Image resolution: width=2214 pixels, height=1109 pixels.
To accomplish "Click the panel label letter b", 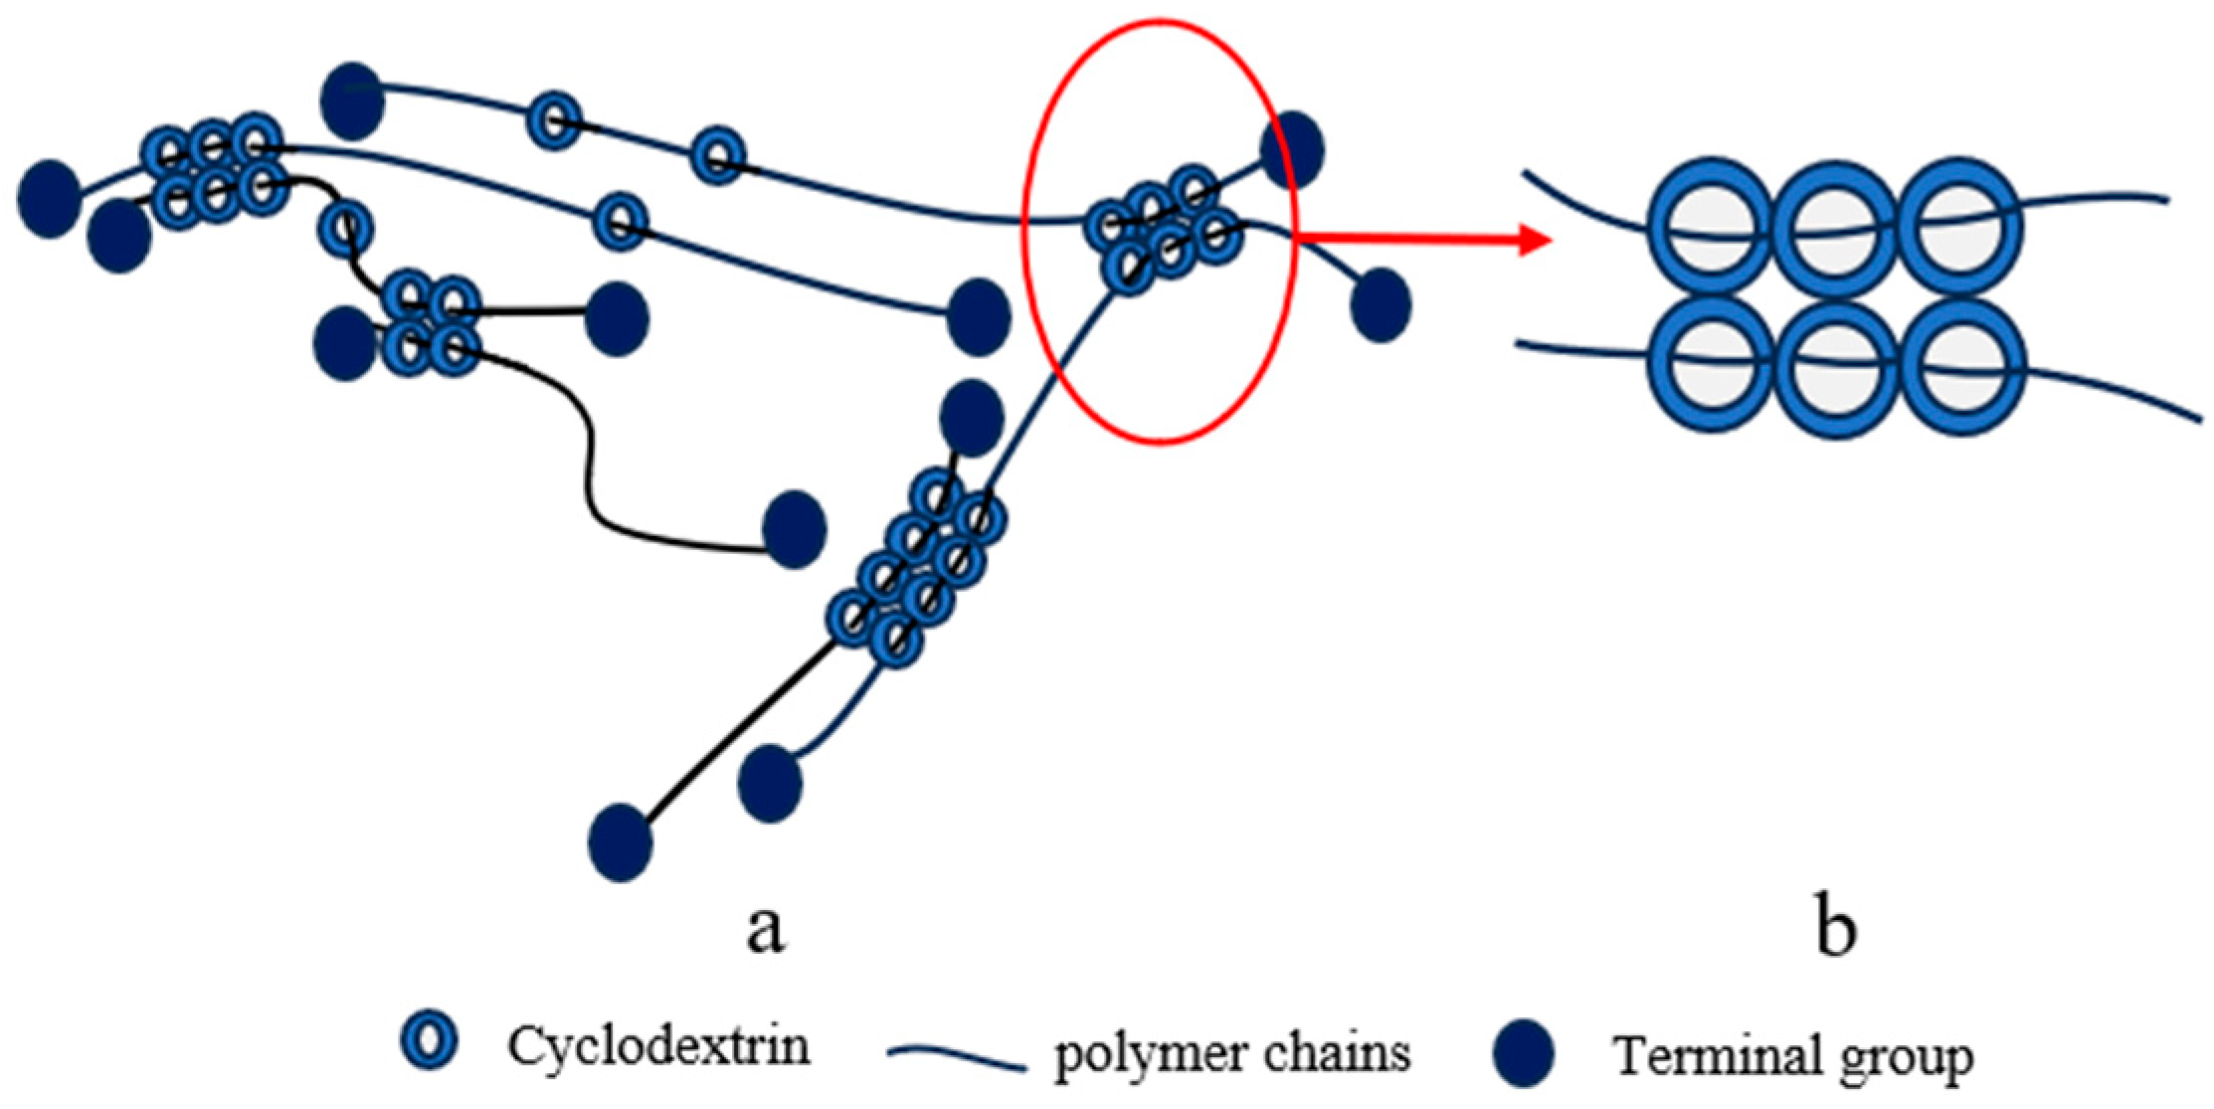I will click(1835, 929).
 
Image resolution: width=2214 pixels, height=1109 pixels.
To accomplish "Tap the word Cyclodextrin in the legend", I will click(658, 1046).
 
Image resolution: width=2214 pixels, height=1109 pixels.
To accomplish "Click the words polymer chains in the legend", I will click(1231, 1052).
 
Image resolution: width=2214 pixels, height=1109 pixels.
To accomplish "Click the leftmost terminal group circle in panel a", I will click(50, 198).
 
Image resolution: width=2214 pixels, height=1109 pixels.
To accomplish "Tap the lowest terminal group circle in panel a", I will click(621, 843).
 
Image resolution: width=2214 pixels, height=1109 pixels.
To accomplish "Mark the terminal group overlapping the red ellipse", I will click(1292, 149).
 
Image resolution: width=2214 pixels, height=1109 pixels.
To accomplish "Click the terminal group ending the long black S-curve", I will click(794, 529).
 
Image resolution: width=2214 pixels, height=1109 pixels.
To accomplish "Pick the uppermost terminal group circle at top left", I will click(352, 100).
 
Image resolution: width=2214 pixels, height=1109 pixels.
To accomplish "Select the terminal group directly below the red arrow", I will click(1381, 304).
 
